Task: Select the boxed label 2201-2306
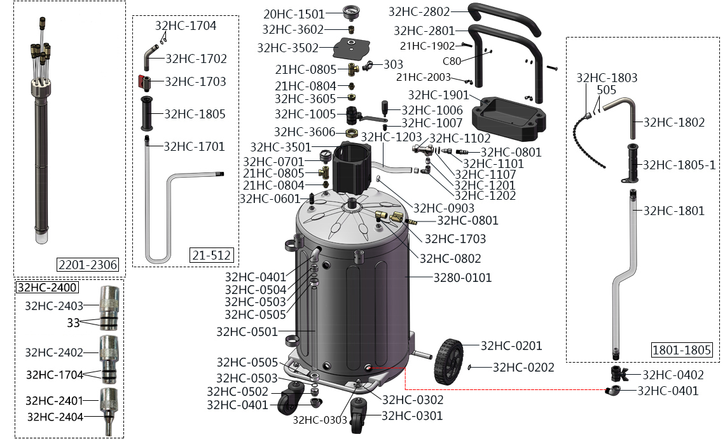(x=88, y=265)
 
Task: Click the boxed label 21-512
(x=212, y=256)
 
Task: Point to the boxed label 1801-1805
(x=682, y=350)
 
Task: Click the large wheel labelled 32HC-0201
(x=449, y=362)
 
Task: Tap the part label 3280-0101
(x=462, y=277)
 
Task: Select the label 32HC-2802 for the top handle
(x=419, y=11)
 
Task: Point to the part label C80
(x=452, y=61)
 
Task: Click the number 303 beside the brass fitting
(x=393, y=64)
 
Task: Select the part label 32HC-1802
(x=674, y=123)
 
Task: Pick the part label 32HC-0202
(x=523, y=367)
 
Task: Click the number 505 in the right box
(x=606, y=90)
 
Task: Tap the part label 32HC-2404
(x=55, y=417)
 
